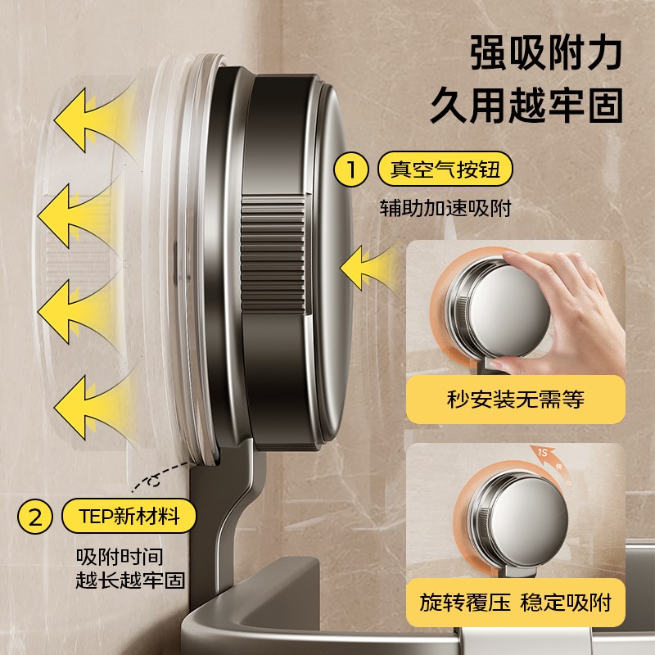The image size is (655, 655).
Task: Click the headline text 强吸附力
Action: click(x=545, y=54)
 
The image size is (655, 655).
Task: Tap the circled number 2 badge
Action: click(x=35, y=517)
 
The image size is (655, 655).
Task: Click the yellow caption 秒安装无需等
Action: click(x=516, y=400)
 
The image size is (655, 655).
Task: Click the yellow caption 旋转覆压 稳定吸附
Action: click(x=516, y=603)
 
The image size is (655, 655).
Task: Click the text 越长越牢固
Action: click(x=131, y=580)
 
